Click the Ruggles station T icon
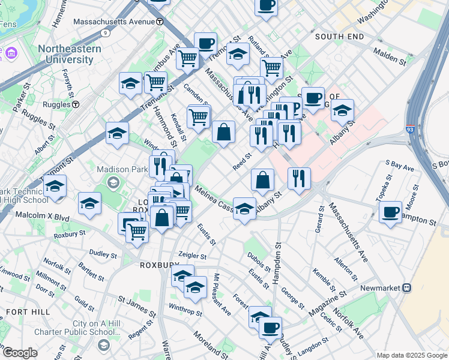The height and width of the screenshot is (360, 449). coord(76,104)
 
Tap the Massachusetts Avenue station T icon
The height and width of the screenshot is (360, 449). coord(160,22)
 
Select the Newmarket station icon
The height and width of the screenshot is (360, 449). coord(407,288)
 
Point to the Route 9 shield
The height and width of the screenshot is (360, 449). coord(106,32)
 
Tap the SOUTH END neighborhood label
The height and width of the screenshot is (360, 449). coord(339,37)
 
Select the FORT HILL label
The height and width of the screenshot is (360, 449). coord(23,313)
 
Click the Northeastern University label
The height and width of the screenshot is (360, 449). coord(66,54)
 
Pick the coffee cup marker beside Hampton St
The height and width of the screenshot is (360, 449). coord(391,212)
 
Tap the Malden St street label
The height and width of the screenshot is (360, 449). coord(390,58)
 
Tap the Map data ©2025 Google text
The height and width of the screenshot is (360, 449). coord(412,355)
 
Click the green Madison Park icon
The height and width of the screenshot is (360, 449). coord(112,182)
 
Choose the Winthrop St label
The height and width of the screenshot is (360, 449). coord(185,311)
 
